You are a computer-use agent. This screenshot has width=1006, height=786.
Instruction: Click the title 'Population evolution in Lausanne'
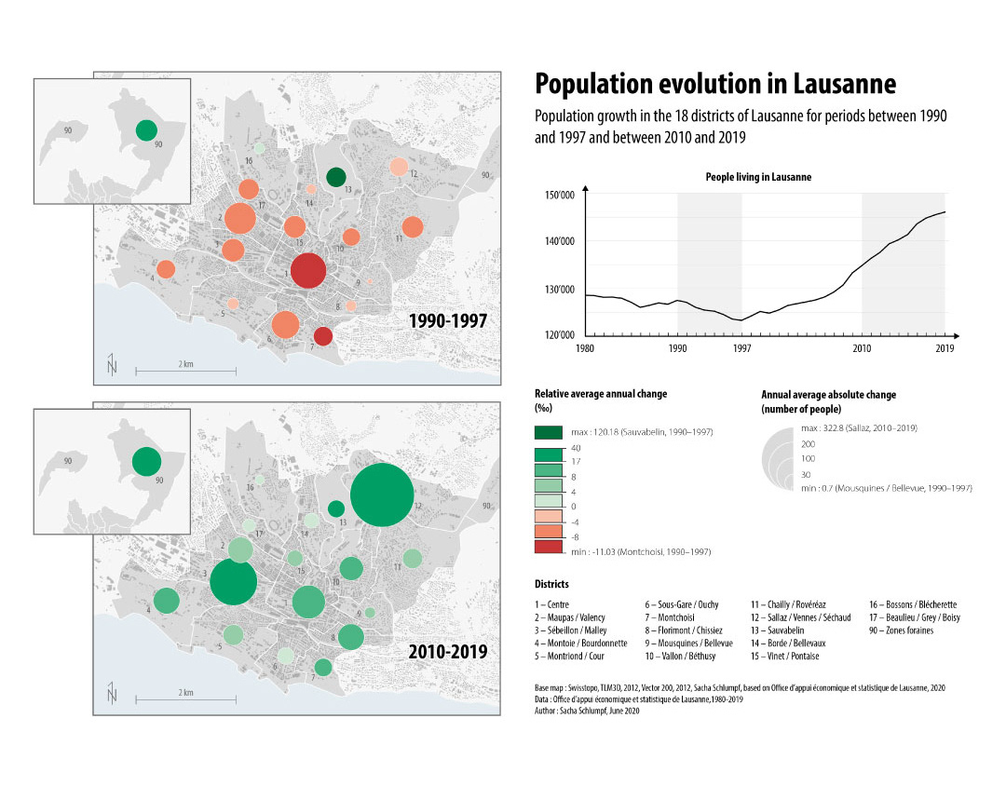pos(715,85)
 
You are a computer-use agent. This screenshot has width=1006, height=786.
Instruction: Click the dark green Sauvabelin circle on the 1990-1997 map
pos(337,177)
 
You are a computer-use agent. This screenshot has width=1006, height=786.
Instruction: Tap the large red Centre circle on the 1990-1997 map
pos(308,271)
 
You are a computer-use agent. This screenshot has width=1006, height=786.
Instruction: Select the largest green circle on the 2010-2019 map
pos(382,495)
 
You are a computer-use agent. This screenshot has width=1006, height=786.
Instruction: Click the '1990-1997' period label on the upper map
pos(448,321)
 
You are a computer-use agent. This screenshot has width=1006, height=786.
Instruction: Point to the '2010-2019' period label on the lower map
pos(448,652)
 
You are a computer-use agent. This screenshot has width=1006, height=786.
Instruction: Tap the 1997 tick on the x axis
pos(742,348)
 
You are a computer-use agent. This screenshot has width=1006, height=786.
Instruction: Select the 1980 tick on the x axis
pos(586,348)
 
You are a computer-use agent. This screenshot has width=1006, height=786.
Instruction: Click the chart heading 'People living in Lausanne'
pos(758,177)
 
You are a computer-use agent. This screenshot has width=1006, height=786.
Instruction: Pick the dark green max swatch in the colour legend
pos(549,432)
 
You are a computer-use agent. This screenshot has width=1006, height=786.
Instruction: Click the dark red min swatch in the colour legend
pos(549,549)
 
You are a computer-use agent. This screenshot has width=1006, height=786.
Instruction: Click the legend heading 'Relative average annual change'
pos(601,394)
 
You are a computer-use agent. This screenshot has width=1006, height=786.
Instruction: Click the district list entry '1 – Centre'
pos(552,604)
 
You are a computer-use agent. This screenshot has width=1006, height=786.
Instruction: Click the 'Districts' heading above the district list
pos(551,584)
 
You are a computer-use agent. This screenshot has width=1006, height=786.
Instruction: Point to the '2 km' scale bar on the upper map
pos(186,371)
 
